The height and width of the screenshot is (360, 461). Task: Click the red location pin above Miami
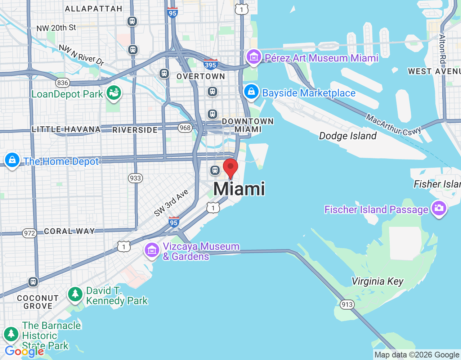(230, 168)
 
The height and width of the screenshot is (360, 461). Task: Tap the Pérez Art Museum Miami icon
(254, 57)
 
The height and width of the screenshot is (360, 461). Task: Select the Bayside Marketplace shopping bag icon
(251, 92)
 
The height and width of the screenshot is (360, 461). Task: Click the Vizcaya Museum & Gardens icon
(152, 250)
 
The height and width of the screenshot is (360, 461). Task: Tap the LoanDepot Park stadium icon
(114, 93)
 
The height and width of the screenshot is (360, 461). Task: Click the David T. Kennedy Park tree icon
(75, 294)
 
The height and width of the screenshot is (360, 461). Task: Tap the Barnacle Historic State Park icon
(11, 334)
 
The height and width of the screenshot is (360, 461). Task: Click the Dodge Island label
(348, 136)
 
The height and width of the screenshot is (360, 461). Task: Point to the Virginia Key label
(377, 281)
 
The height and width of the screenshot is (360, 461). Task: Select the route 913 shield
(347, 305)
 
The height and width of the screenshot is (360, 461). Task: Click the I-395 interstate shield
(210, 64)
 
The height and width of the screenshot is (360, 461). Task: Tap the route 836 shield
(62, 83)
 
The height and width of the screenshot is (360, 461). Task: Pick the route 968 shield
(185, 128)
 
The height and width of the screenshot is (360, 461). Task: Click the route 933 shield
(135, 178)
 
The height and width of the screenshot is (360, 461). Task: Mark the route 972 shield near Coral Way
(29, 233)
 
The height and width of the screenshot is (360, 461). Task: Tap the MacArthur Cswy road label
(393, 125)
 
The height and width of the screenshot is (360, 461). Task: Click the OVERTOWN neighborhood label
(201, 76)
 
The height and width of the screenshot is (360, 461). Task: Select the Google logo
(24, 351)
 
